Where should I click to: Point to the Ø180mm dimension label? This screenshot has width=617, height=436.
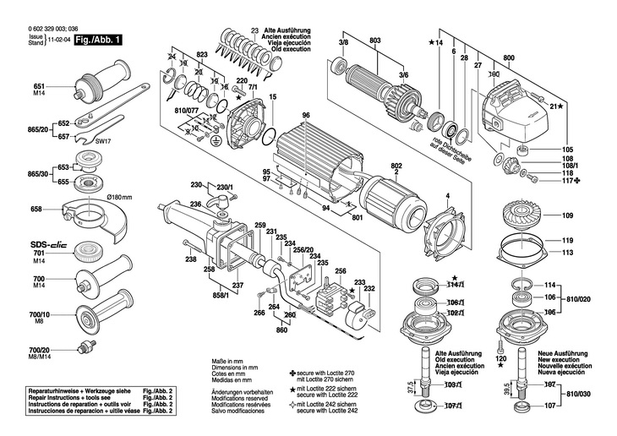click(x=118, y=197)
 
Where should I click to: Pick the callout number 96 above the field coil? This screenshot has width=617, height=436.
click(x=306, y=115)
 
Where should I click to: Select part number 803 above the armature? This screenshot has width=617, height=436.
click(x=375, y=41)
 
